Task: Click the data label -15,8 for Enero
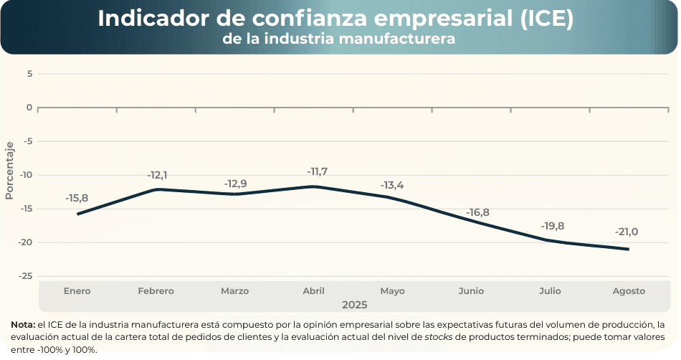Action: point(77,198)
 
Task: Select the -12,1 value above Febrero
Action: point(157,175)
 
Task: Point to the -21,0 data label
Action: point(626,232)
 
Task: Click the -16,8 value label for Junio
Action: point(477,212)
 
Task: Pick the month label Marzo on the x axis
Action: point(234,291)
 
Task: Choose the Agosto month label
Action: point(629,291)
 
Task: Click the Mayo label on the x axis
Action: point(392,291)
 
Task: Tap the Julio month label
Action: point(550,291)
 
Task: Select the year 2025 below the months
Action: point(354,305)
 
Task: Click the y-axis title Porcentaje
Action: point(9,170)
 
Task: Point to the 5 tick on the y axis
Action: point(30,73)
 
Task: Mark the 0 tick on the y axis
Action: point(30,108)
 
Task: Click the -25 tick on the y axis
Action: point(27,276)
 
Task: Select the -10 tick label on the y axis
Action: point(27,175)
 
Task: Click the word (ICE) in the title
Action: point(546,19)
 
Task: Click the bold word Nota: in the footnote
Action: point(23,325)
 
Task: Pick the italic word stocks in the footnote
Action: point(439,337)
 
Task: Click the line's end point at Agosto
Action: point(629,249)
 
